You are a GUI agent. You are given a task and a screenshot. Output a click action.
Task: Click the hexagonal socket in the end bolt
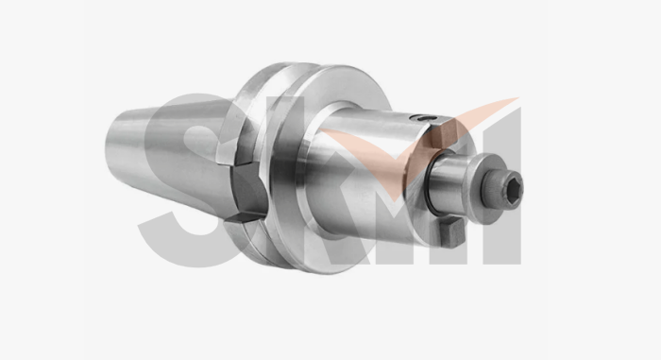pyautogui.click(x=515, y=187)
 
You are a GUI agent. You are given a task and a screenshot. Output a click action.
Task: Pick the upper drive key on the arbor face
pyautogui.click(x=443, y=132)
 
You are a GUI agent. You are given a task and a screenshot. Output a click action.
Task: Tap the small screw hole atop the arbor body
pyautogui.click(x=424, y=118)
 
